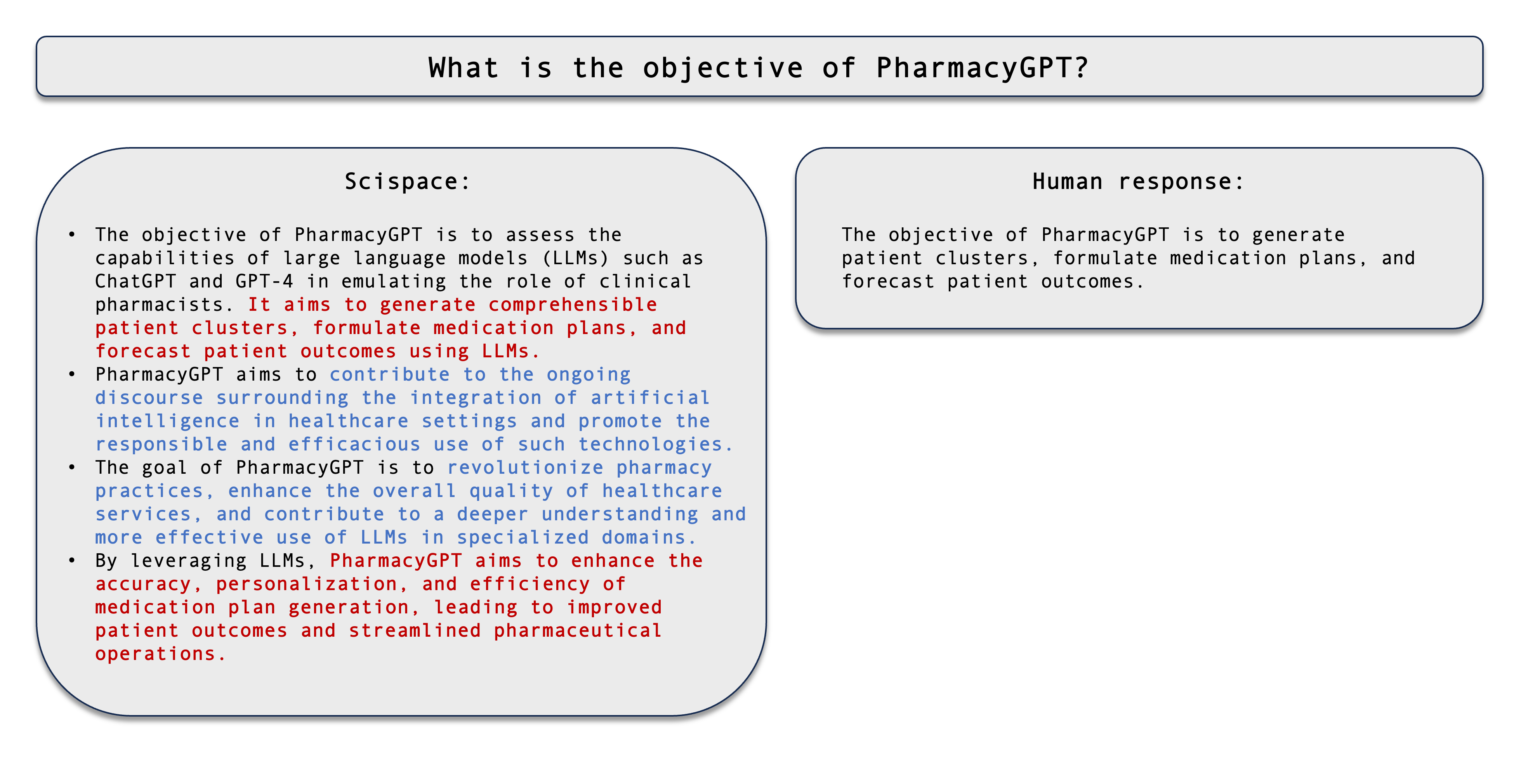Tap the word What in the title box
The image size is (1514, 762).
464,68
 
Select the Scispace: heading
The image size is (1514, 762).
407,182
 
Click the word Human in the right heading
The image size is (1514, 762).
1067,182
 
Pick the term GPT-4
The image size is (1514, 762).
264,281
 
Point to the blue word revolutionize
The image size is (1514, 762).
525,468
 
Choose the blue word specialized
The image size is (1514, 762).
523,538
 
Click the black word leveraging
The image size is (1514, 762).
189,561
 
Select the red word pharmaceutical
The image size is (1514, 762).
578,631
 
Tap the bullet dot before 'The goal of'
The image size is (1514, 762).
72,467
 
